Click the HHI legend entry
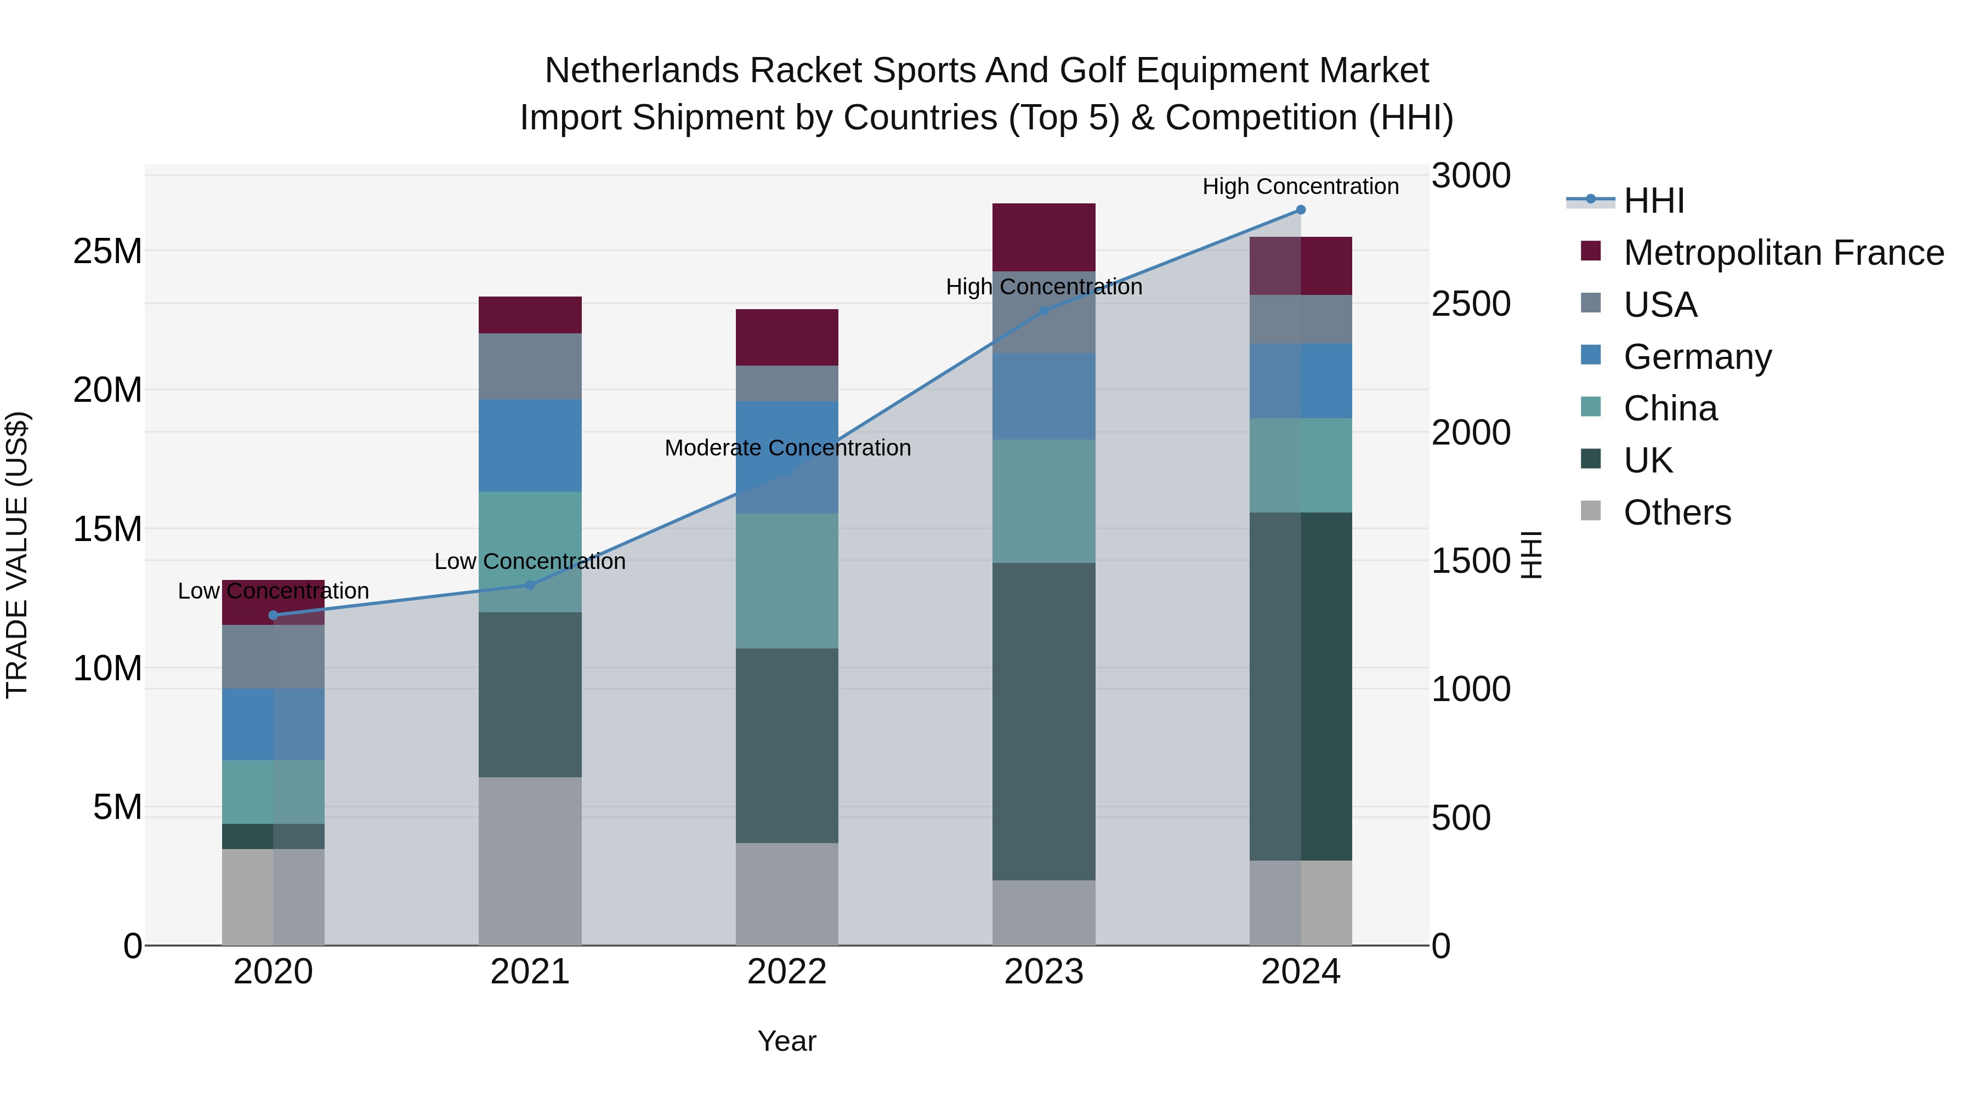click(x=1654, y=201)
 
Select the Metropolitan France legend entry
click(x=1783, y=253)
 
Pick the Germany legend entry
click(x=1697, y=357)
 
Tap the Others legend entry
click(x=1677, y=513)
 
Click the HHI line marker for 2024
click(x=1301, y=210)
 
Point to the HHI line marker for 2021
click(x=530, y=585)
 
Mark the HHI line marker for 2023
click(x=1043, y=311)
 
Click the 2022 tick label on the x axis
click(x=786, y=972)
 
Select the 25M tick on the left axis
click(x=107, y=251)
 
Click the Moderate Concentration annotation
click(x=787, y=448)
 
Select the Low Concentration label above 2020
click(x=273, y=591)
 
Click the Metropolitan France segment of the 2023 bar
click(x=1043, y=237)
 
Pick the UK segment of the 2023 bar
click(x=1043, y=721)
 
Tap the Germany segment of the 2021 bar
click(x=530, y=446)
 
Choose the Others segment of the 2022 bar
click(x=786, y=894)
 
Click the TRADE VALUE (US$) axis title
click(x=18, y=555)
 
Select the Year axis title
click(x=786, y=1041)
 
